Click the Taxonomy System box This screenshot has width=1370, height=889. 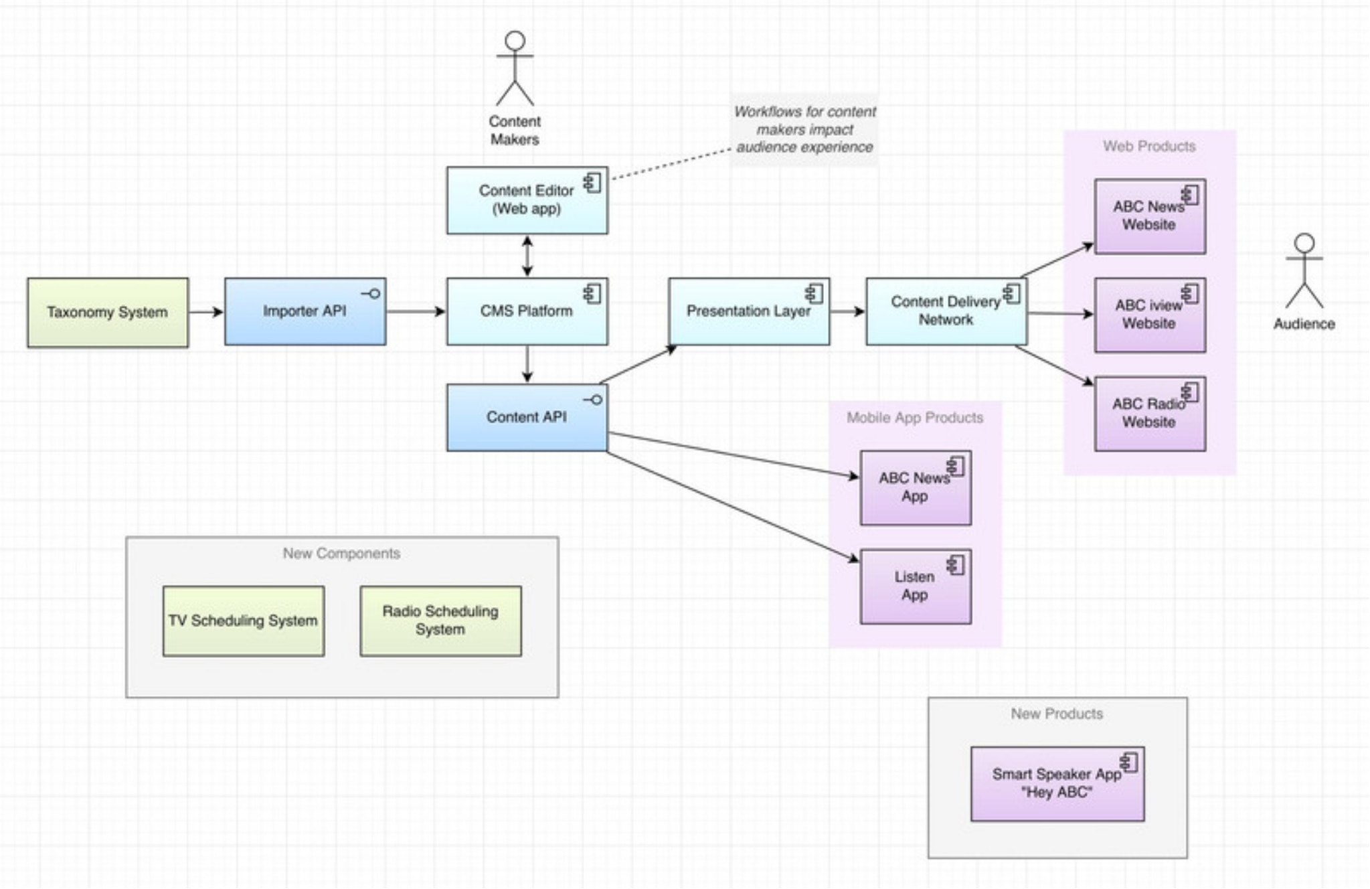coord(108,313)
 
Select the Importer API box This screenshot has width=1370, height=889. coord(305,312)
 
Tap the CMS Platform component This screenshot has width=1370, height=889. coord(527,312)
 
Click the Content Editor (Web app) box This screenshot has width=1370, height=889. coord(527,200)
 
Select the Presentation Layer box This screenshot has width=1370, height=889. coord(748,312)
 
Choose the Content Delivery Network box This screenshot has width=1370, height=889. coord(946,312)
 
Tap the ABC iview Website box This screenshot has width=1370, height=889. coord(1149,315)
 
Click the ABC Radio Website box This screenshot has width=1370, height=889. coord(1149,414)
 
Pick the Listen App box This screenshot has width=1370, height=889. coord(915,586)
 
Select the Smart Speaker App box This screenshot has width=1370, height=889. coord(1057,784)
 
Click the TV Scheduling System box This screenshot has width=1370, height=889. coord(244,621)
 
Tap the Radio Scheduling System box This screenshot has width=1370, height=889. coord(440,621)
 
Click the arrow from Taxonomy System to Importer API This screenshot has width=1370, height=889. coord(205,312)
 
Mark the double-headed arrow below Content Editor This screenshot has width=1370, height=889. coord(527,256)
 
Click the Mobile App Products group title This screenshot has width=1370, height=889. coord(915,418)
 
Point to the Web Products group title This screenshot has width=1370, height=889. coord(1149,146)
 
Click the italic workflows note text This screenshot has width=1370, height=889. coord(804,129)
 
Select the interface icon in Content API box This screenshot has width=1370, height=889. coord(593,400)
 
